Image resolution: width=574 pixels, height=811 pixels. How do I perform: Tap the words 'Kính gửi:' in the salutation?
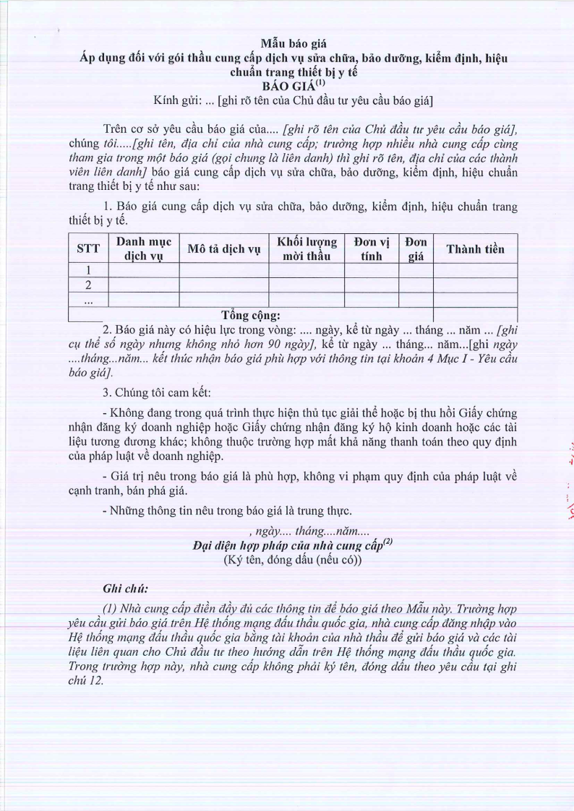[178, 100]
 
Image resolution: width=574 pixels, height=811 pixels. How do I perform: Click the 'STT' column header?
[87, 249]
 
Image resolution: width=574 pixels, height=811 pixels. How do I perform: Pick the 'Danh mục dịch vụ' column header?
[143, 249]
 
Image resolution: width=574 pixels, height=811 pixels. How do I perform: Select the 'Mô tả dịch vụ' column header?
[223, 249]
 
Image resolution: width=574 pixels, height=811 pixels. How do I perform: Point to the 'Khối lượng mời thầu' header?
[307, 249]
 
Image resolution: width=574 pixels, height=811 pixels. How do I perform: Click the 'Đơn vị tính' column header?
[372, 249]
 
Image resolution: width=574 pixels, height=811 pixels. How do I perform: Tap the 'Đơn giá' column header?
[416, 249]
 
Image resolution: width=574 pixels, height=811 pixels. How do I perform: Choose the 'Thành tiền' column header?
[475, 249]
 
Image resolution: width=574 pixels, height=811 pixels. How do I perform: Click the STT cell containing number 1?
[87, 271]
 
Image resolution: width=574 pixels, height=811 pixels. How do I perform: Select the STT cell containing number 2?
[87, 285]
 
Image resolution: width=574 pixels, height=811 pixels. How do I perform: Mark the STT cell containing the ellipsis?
[87, 300]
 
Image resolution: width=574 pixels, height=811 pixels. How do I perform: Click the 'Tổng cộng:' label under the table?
[251, 315]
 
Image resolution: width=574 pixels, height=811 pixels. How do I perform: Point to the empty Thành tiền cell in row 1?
[475, 271]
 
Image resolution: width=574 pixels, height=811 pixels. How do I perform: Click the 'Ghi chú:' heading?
[127, 589]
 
